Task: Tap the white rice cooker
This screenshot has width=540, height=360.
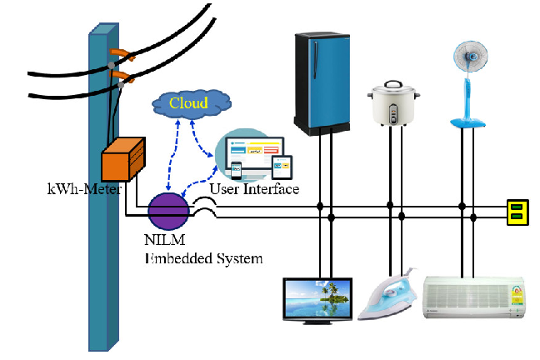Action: click(394, 103)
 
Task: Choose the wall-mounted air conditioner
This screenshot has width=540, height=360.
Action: click(476, 297)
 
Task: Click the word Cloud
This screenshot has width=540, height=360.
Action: click(189, 103)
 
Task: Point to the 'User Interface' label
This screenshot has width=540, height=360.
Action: click(254, 189)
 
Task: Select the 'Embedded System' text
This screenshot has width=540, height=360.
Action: click(204, 258)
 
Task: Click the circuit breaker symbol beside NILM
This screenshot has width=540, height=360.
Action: click(205, 210)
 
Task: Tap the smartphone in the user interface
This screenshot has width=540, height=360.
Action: click(237, 171)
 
